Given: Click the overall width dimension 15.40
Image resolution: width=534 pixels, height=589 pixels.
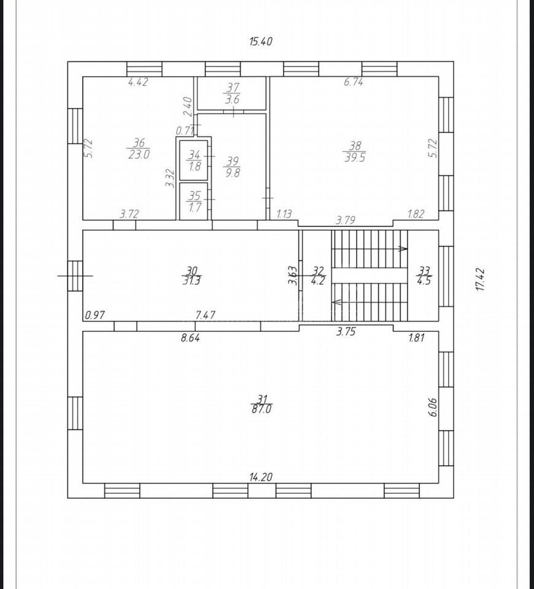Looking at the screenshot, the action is [260, 41].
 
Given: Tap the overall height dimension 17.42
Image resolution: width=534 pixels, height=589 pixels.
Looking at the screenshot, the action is [480, 279].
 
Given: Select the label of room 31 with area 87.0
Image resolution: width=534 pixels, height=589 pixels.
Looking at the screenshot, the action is [261, 404].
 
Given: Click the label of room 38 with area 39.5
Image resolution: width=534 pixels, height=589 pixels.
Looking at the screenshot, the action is [354, 151].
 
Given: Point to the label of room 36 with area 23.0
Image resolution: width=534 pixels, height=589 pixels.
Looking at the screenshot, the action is [139, 148].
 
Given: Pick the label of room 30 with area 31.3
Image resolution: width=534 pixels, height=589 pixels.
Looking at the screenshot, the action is [192, 275].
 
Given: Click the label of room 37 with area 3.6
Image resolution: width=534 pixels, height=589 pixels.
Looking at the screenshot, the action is [232, 93].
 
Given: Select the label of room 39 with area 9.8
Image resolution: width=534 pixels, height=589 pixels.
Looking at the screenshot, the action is [232, 167].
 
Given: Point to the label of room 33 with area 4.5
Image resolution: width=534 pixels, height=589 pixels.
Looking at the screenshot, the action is [424, 275].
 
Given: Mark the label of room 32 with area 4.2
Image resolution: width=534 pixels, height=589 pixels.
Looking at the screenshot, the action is [318, 275].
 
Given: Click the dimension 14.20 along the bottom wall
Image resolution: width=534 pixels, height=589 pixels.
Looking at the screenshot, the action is [261, 477].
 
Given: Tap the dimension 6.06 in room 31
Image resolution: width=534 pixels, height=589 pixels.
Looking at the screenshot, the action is [433, 407].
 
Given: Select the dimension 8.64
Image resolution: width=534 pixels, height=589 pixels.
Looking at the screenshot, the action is [190, 337].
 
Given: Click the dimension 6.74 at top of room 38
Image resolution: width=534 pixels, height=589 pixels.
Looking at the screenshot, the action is [354, 82].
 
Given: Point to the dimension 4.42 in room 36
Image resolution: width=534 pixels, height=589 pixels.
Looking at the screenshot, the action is [138, 82].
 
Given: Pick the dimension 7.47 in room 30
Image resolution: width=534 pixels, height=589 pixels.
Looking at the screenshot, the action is [206, 315].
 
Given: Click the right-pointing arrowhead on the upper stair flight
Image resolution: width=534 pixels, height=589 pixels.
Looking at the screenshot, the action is [403, 248].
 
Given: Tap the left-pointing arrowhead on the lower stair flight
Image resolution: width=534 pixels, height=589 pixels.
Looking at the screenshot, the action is [337, 301].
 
